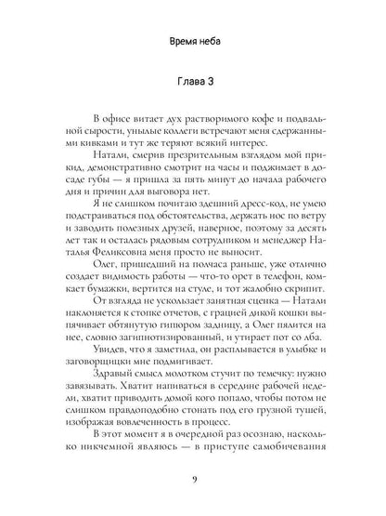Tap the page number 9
pos(193,480)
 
